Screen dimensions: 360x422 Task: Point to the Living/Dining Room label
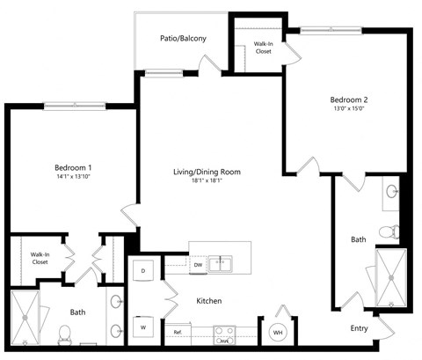click(207, 172)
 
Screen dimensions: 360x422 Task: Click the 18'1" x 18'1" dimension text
click(207, 182)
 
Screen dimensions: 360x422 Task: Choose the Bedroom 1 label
click(73, 166)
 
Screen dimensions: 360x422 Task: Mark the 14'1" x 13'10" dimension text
click(73, 177)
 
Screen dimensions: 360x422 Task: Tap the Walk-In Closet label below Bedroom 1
click(40, 258)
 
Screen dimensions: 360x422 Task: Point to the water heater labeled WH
click(277, 332)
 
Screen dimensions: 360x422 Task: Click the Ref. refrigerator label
click(178, 332)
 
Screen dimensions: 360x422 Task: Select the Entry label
click(360, 327)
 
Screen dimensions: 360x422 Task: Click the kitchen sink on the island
click(227, 261)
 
